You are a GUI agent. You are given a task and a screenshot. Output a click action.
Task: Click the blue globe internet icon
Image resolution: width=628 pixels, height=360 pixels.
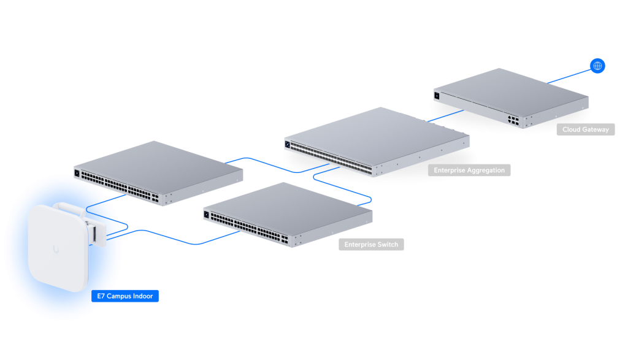[597, 66]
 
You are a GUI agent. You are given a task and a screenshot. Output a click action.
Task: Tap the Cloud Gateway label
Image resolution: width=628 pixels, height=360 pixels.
[586, 129]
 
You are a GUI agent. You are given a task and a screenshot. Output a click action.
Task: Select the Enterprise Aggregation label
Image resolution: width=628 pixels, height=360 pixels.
[469, 170]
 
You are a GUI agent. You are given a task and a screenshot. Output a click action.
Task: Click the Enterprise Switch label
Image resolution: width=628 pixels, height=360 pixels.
[371, 244]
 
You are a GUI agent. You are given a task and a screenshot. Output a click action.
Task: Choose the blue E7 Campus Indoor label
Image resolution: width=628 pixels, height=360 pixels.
[125, 296]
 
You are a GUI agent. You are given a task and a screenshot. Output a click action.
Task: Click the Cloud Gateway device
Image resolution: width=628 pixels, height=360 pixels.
[511, 98]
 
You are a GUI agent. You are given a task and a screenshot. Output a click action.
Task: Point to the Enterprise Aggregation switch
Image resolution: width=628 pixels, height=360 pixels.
[377, 141]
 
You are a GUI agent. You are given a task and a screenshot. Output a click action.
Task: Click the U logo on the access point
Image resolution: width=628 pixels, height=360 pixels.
[56, 250]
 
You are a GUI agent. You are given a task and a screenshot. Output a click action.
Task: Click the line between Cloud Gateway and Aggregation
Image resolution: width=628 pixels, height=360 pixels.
[445, 116]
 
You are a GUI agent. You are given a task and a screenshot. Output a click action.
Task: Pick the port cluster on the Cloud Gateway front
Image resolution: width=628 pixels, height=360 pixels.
[513, 120]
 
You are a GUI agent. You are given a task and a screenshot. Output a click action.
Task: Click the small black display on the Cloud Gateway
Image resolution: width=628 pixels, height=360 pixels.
[437, 96]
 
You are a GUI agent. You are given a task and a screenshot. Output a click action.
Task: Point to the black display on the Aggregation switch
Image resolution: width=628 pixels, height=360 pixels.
[287, 144]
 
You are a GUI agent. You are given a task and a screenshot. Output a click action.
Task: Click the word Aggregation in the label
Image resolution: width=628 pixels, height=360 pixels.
[486, 170]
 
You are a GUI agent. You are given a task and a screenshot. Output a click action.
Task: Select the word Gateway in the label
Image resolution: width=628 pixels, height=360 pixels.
[596, 129]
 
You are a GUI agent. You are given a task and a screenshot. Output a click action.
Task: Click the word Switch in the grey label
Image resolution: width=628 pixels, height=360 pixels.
[388, 244]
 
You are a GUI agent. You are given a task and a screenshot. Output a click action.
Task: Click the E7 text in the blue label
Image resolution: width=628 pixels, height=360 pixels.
[101, 296]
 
